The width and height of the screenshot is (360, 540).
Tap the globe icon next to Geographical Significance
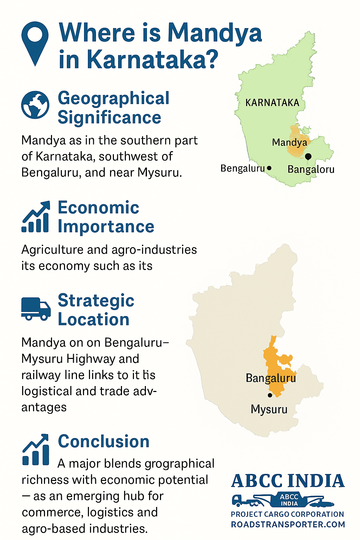coord(35,105)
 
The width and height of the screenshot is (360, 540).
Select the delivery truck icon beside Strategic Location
coord(36,309)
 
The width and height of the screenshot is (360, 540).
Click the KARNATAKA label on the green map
coord(272,103)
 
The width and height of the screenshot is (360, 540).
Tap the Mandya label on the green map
coord(289,142)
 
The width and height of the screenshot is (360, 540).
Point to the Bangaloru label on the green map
coord(311,169)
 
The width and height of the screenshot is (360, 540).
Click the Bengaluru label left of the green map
coord(242,168)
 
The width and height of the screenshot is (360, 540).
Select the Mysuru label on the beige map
coord(269,409)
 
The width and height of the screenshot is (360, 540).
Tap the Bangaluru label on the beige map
coord(271,378)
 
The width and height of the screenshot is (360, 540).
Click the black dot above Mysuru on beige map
coord(270,395)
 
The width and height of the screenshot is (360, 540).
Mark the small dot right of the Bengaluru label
coord(269,168)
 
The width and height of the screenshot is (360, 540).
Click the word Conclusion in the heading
coord(104,442)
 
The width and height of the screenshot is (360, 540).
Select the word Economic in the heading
coord(98,207)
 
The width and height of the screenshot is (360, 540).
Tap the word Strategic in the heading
coord(96,301)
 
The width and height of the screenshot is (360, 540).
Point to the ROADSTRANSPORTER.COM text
coord(288,525)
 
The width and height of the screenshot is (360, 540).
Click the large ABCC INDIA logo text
coord(288,481)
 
